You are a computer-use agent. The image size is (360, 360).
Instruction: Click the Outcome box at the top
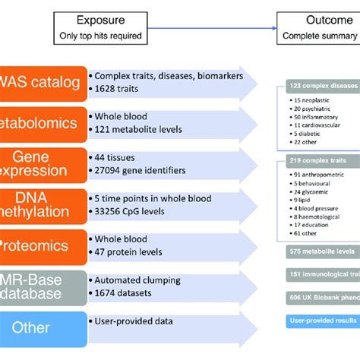point(318,27)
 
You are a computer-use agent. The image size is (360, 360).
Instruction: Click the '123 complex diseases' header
point(322,87)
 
